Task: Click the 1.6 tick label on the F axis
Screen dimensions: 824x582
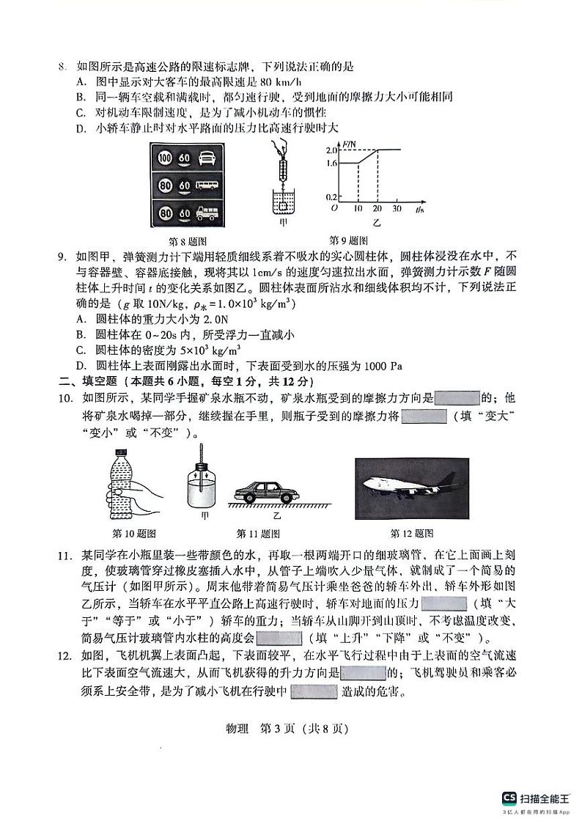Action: pyautogui.click(x=331, y=163)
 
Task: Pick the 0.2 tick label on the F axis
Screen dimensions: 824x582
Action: pyautogui.click(x=331, y=197)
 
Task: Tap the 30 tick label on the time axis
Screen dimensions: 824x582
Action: pyautogui.click(x=397, y=210)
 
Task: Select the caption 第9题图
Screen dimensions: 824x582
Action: pyautogui.click(x=348, y=240)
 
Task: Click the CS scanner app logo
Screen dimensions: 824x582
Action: pyautogui.click(x=509, y=798)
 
